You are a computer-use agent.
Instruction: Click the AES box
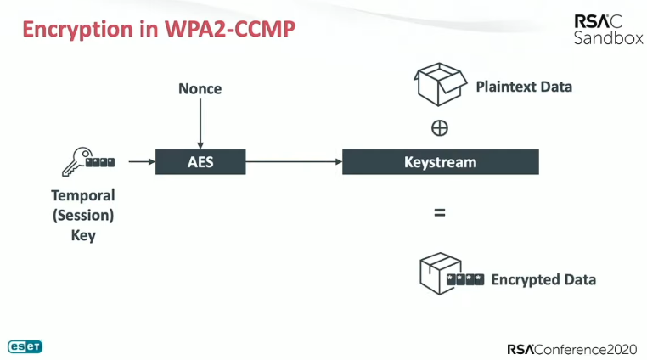(x=200, y=161)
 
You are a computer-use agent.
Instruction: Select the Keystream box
(x=440, y=161)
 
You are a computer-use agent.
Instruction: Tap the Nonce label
(x=200, y=88)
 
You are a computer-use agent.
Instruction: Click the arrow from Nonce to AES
(x=200, y=123)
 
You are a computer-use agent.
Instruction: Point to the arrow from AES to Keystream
(x=293, y=161)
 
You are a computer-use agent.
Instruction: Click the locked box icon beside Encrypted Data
(x=450, y=277)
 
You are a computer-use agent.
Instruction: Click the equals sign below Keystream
(x=440, y=213)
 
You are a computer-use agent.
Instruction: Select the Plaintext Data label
(x=524, y=87)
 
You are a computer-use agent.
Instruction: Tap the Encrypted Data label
(x=543, y=279)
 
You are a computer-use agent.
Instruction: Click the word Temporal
(x=83, y=195)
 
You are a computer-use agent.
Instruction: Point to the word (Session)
(x=83, y=216)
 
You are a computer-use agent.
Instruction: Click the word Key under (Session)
(x=83, y=235)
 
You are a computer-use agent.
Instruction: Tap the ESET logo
(x=25, y=346)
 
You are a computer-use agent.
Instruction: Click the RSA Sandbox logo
(x=607, y=30)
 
